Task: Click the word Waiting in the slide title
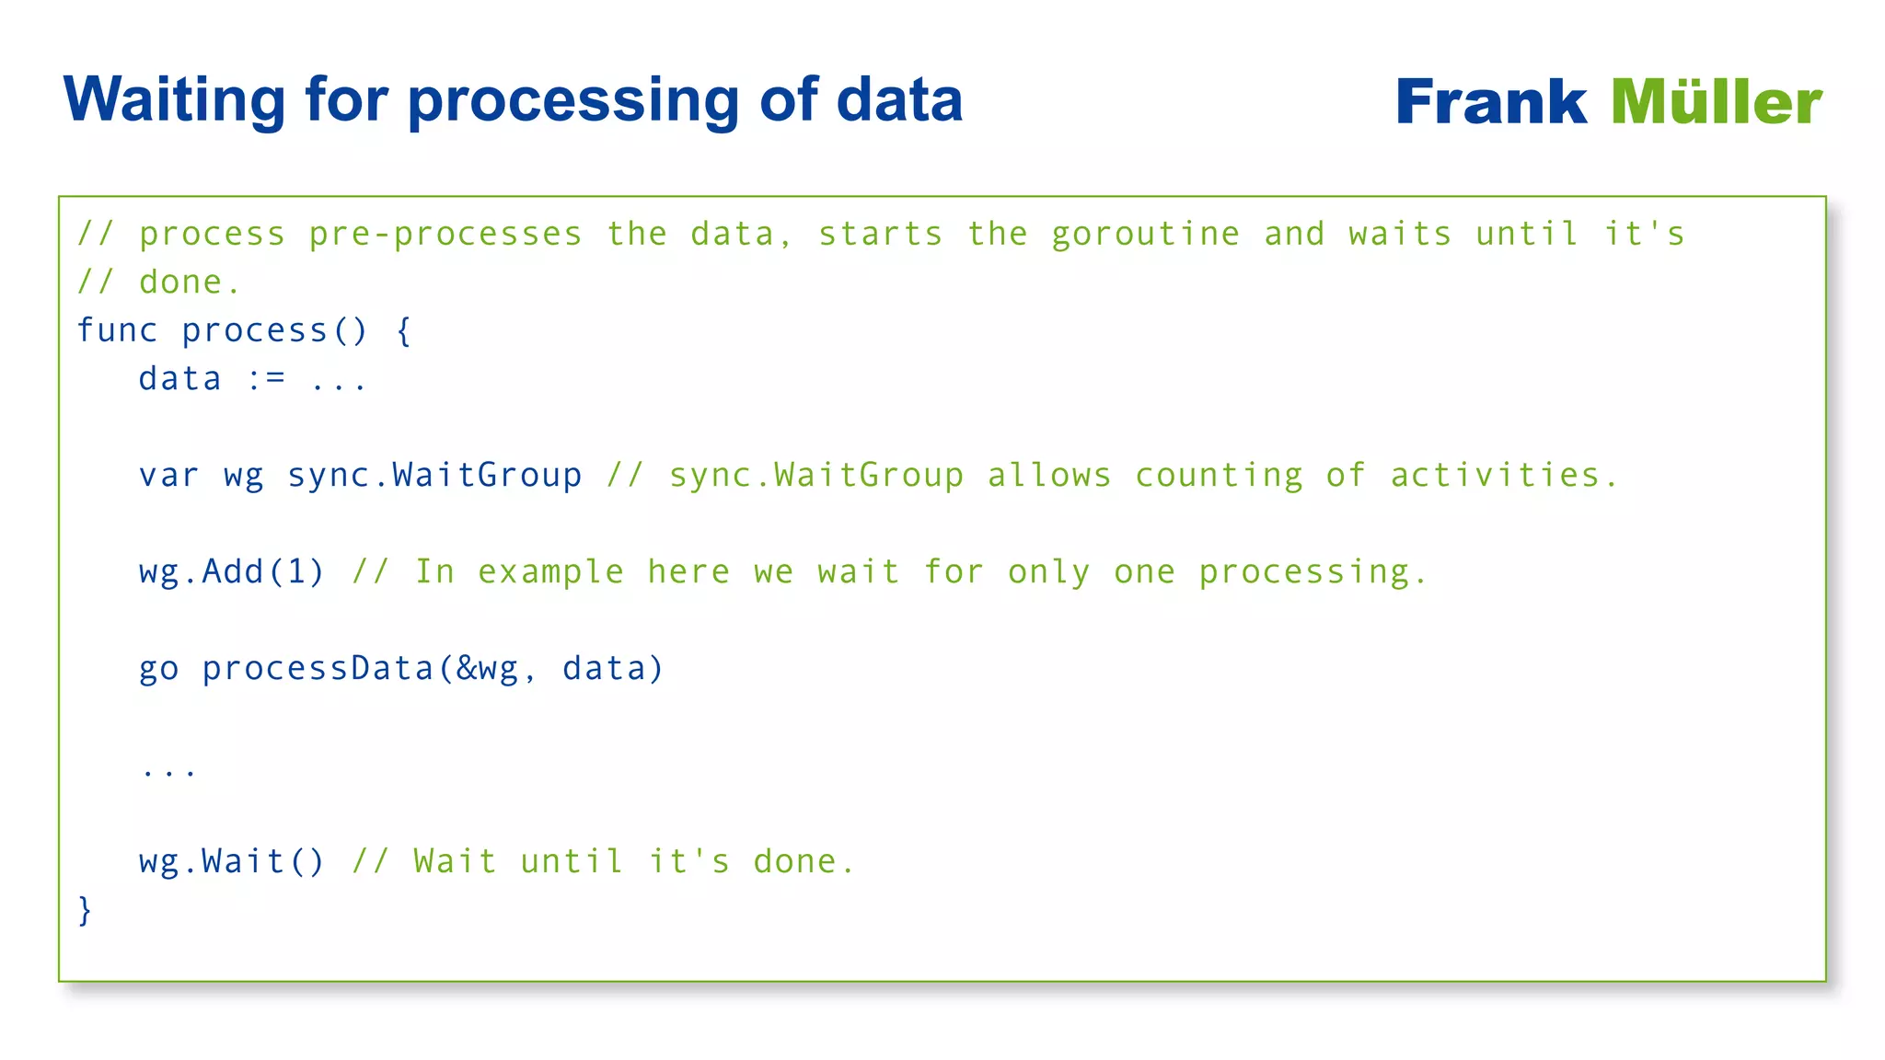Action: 174,99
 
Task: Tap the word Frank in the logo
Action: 1490,101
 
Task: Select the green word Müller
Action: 1716,101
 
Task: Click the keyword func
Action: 117,330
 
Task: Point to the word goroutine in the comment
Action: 1145,234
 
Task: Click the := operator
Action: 267,379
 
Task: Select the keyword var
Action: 168,476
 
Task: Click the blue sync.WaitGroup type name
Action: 434,476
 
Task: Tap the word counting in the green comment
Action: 1219,476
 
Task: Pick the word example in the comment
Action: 550,572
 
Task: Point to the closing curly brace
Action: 85,910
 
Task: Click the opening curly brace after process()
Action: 403,330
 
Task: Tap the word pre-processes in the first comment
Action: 445,234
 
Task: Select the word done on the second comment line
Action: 180,282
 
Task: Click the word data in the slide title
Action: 899,99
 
